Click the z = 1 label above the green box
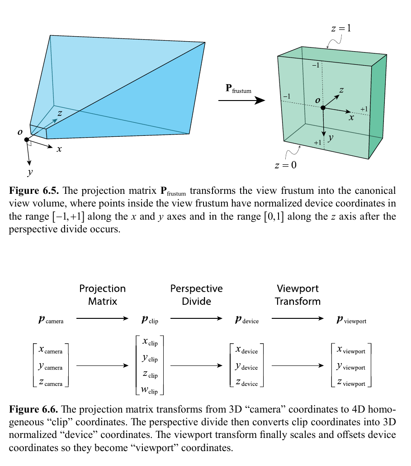click(x=341, y=28)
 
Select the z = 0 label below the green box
click(x=286, y=165)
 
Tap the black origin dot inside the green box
click(x=323, y=108)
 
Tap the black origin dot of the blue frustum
click(x=27, y=139)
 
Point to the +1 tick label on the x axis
click(x=364, y=109)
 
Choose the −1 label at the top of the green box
click(x=316, y=66)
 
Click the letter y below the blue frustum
click(x=30, y=172)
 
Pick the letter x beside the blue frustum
click(x=59, y=149)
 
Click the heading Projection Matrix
click(x=103, y=295)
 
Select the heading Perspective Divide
click(x=196, y=295)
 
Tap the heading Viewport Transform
click(x=298, y=295)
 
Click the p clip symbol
click(x=150, y=320)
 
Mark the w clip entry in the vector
click(x=150, y=389)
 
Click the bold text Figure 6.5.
click(x=33, y=191)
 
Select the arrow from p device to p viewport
click(x=297, y=319)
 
